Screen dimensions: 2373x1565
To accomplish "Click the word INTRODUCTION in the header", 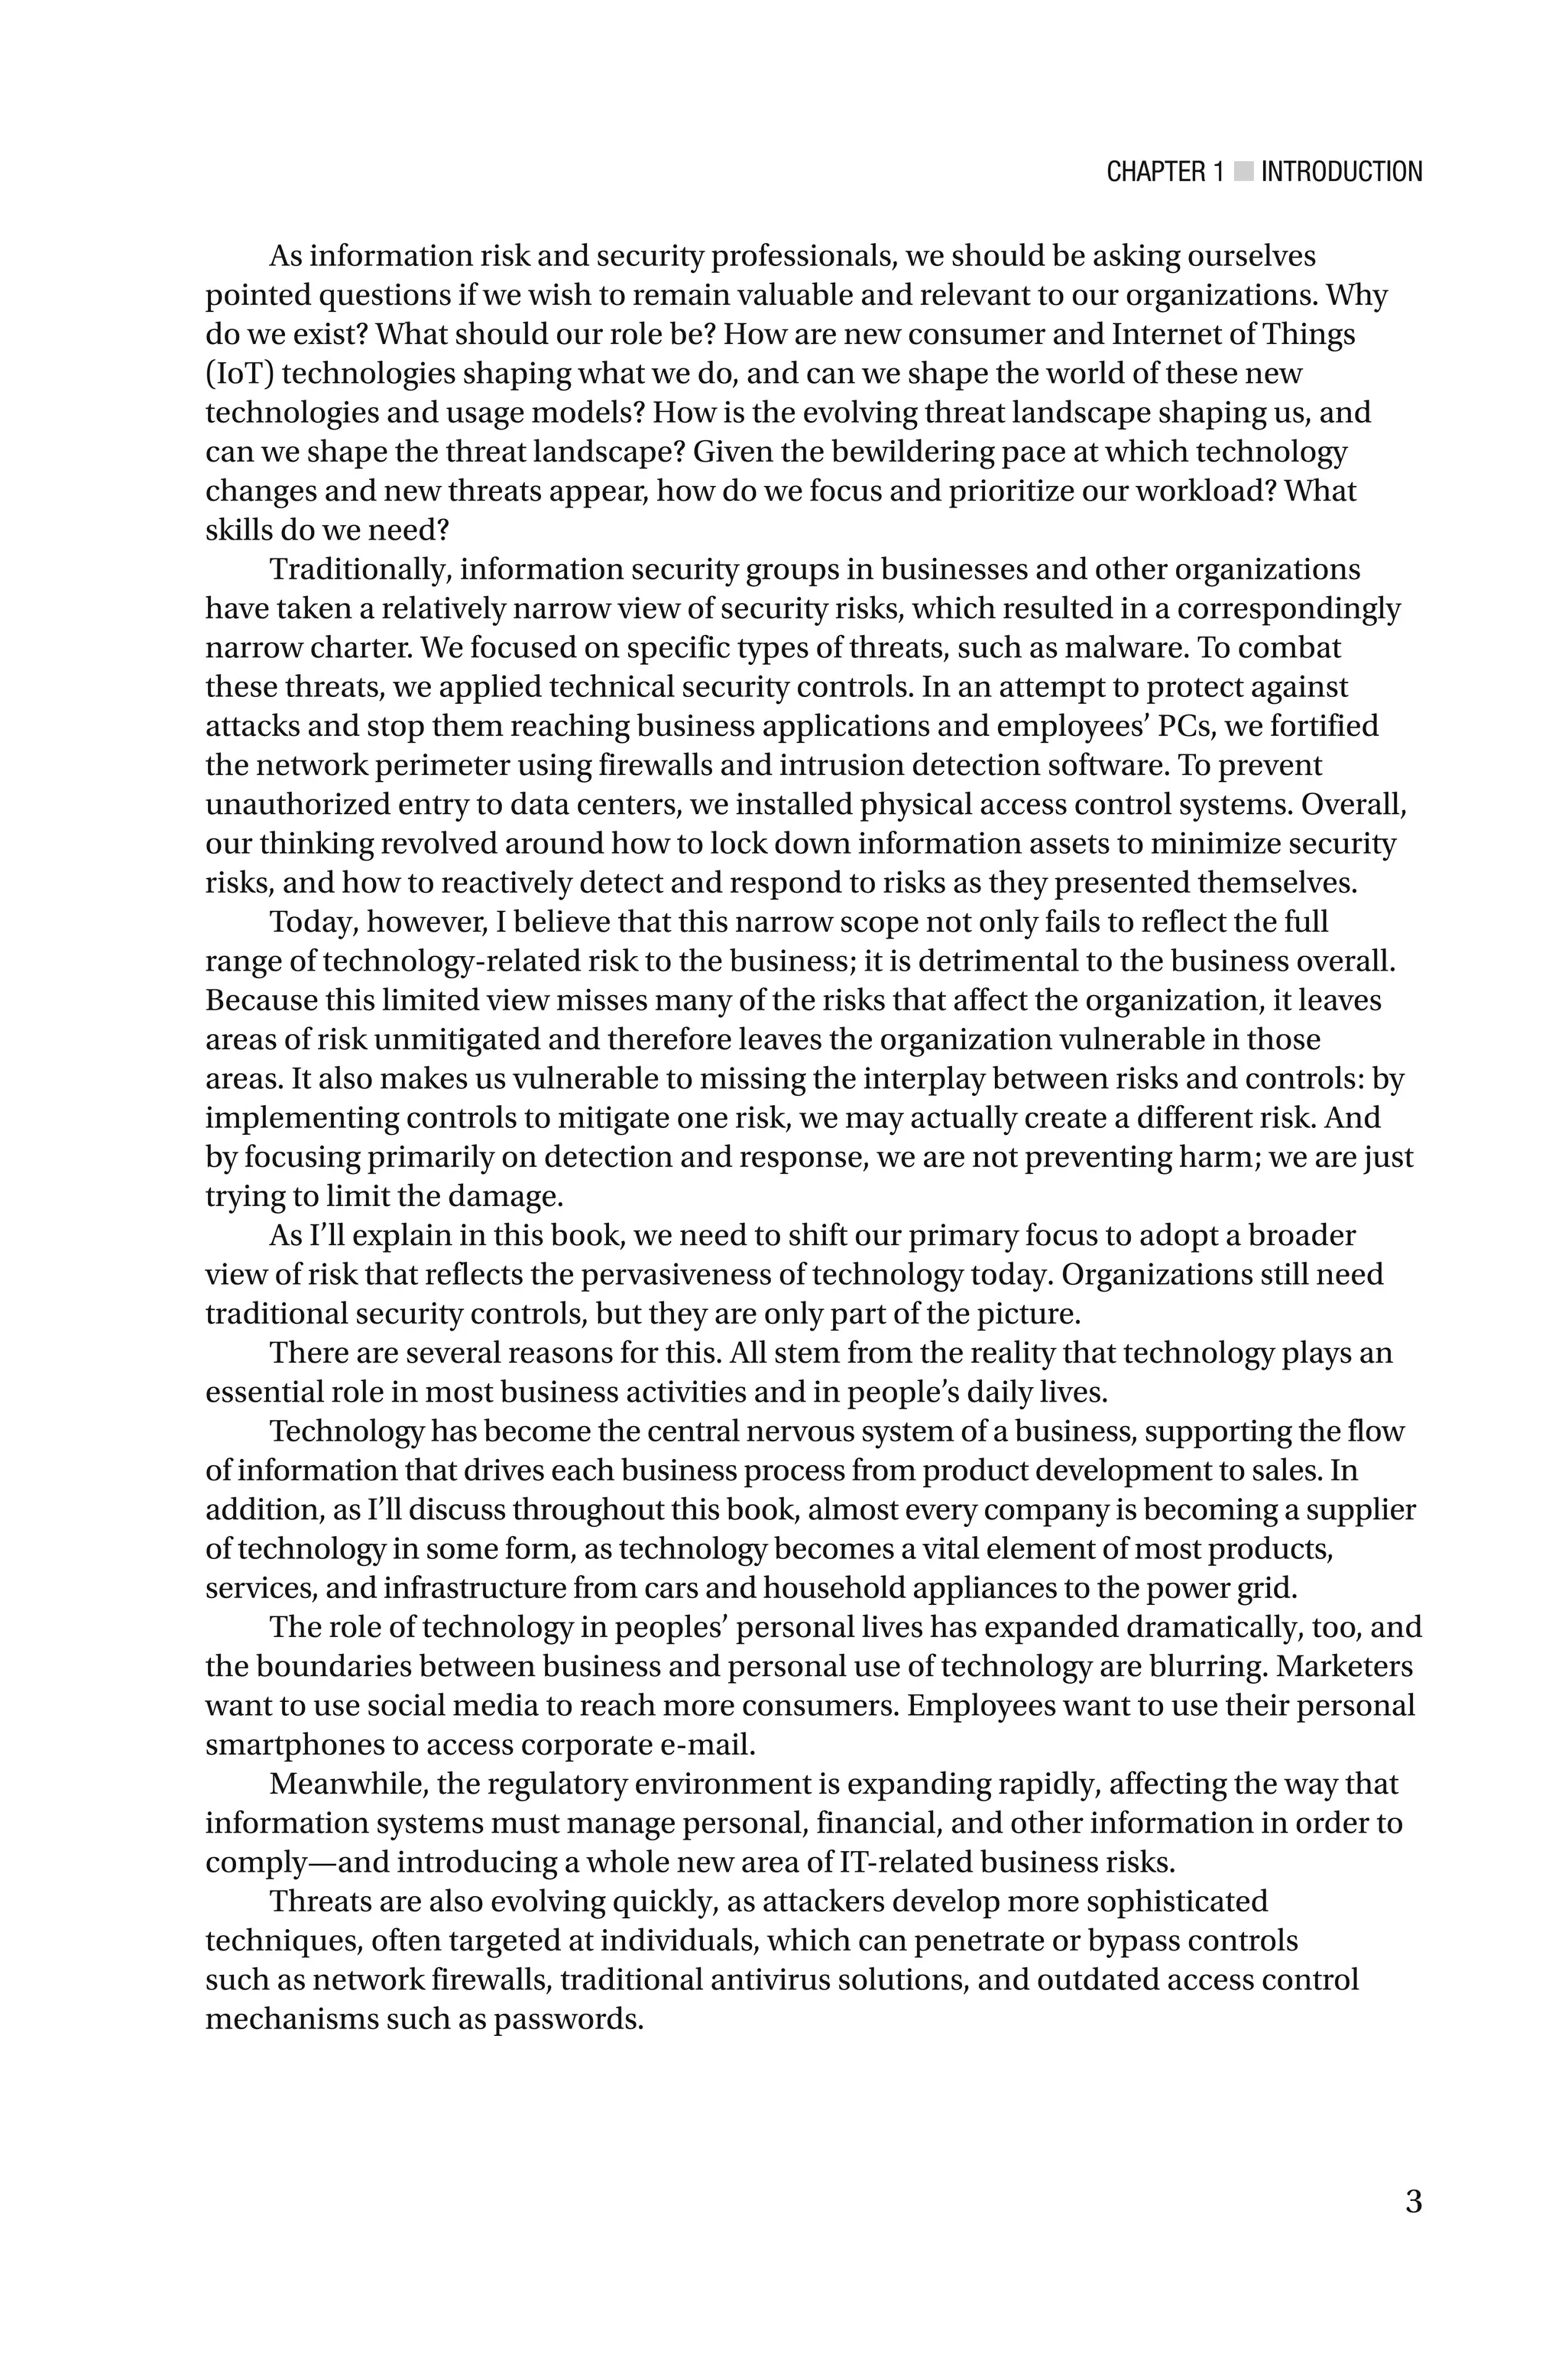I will [1341, 172].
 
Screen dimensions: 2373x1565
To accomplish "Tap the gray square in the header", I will [1243, 172].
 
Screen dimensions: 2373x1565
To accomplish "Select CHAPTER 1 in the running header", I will [1164, 172].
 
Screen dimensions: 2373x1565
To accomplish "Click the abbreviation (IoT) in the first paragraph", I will [239, 374].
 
